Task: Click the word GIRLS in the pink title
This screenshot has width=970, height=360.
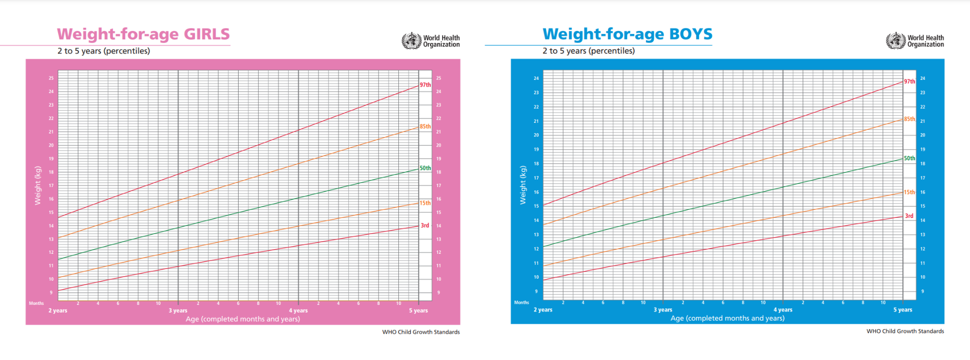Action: coord(206,34)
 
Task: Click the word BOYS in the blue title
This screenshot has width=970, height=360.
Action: coord(690,34)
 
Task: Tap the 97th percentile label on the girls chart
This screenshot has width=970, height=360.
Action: coord(425,85)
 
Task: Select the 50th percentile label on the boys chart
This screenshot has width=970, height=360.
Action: coord(909,158)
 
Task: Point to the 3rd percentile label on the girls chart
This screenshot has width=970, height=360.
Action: coord(425,226)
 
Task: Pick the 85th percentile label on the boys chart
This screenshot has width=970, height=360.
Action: coord(909,119)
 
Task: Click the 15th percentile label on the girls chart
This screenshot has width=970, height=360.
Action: coord(425,203)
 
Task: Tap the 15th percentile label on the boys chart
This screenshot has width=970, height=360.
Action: coord(909,192)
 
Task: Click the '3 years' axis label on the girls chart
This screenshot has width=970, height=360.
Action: coord(178,310)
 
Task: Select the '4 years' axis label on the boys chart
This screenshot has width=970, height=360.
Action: coord(783,310)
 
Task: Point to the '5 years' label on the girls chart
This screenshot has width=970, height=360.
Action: coord(419,310)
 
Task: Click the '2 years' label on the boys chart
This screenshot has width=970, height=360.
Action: coord(543,310)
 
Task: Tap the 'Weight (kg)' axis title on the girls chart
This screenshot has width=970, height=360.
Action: coord(37,186)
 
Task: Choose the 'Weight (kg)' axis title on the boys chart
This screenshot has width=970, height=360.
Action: coord(523,185)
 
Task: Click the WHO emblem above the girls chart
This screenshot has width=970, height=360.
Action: coord(411,40)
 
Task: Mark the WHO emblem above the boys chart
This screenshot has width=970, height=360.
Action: coord(896,40)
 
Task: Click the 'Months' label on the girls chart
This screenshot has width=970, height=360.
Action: coord(36,303)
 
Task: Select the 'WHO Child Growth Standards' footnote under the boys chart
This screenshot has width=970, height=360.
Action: coord(905,331)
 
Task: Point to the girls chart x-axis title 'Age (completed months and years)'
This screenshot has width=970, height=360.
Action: coord(243,319)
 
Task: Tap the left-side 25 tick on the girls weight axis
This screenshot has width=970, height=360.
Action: coord(51,78)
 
